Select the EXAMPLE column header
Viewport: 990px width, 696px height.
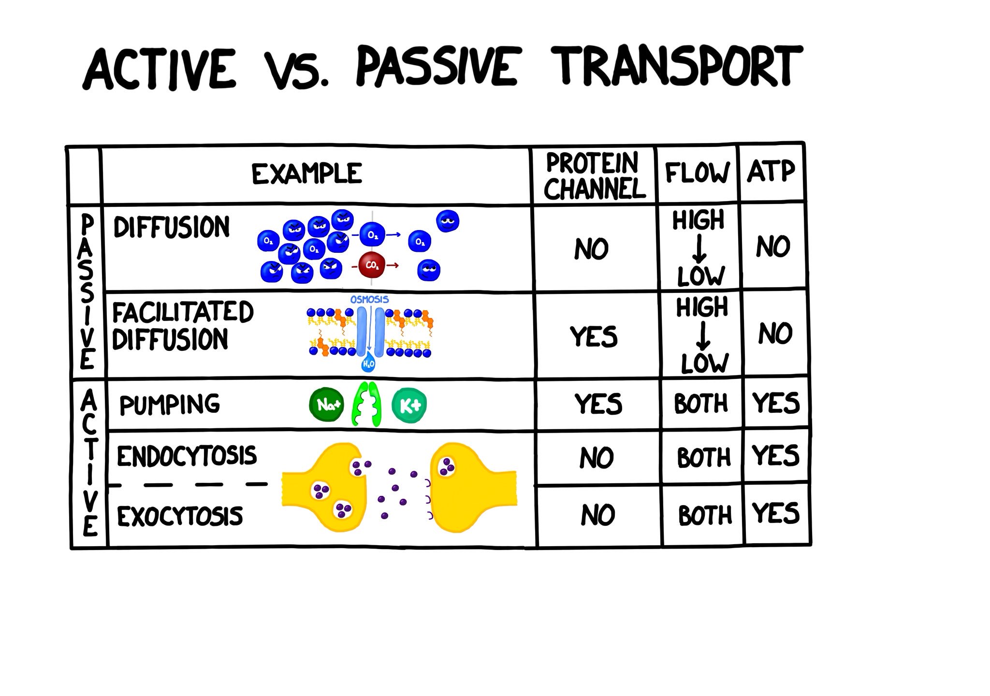(x=306, y=174)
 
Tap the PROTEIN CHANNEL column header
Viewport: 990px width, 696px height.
(x=594, y=176)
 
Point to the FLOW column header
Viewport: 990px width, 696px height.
(x=697, y=173)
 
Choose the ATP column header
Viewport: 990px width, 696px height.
(x=771, y=171)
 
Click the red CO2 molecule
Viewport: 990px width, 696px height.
(x=372, y=265)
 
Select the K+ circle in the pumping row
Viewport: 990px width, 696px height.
(x=409, y=405)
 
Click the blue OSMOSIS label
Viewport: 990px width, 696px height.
(x=369, y=300)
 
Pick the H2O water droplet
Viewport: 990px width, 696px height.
(x=368, y=363)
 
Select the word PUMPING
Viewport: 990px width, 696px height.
(x=170, y=405)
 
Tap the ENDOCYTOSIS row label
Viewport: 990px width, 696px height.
(x=187, y=456)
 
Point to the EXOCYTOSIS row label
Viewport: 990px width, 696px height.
(x=180, y=516)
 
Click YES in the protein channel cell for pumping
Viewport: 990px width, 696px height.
(x=598, y=404)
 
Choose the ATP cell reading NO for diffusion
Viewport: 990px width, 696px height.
(x=773, y=246)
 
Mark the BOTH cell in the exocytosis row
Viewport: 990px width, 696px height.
(x=705, y=515)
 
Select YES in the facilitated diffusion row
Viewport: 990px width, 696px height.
(x=594, y=336)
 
